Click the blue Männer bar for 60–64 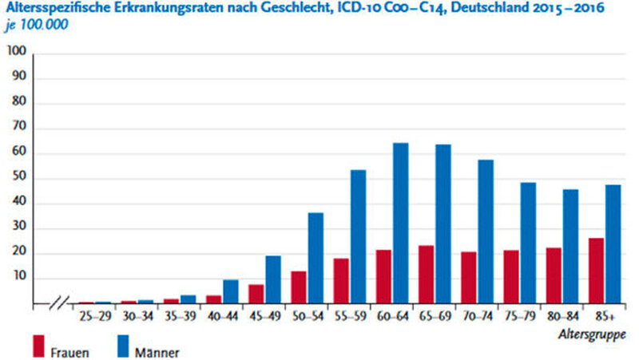tap(401, 224)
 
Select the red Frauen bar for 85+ tap(597, 271)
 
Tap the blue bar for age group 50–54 tap(316, 258)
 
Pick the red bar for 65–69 tap(426, 275)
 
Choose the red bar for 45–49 tap(256, 294)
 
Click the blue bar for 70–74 tap(486, 231)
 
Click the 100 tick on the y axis tap(17, 53)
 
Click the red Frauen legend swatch tap(38, 346)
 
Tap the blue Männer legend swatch tap(125, 346)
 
